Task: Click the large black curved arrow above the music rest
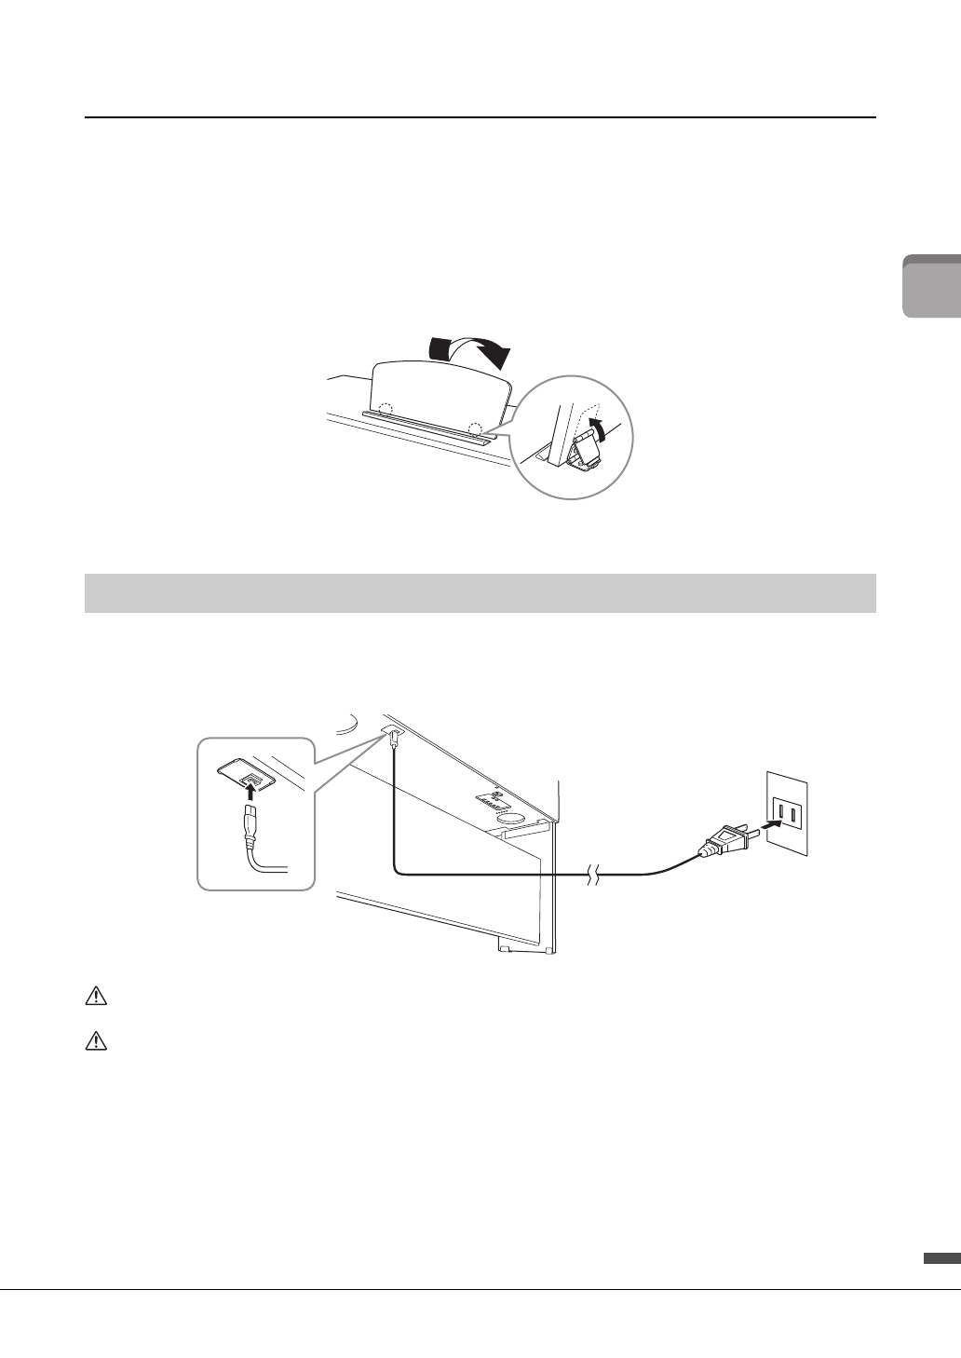[x=470, y=350]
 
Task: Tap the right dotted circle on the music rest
[x=476, y=428]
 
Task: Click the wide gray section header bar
[x=480, y=593]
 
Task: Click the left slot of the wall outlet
[x=780, y=816]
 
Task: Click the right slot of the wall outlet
[x=794, y=816]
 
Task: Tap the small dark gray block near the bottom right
[x=941, y=1258]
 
